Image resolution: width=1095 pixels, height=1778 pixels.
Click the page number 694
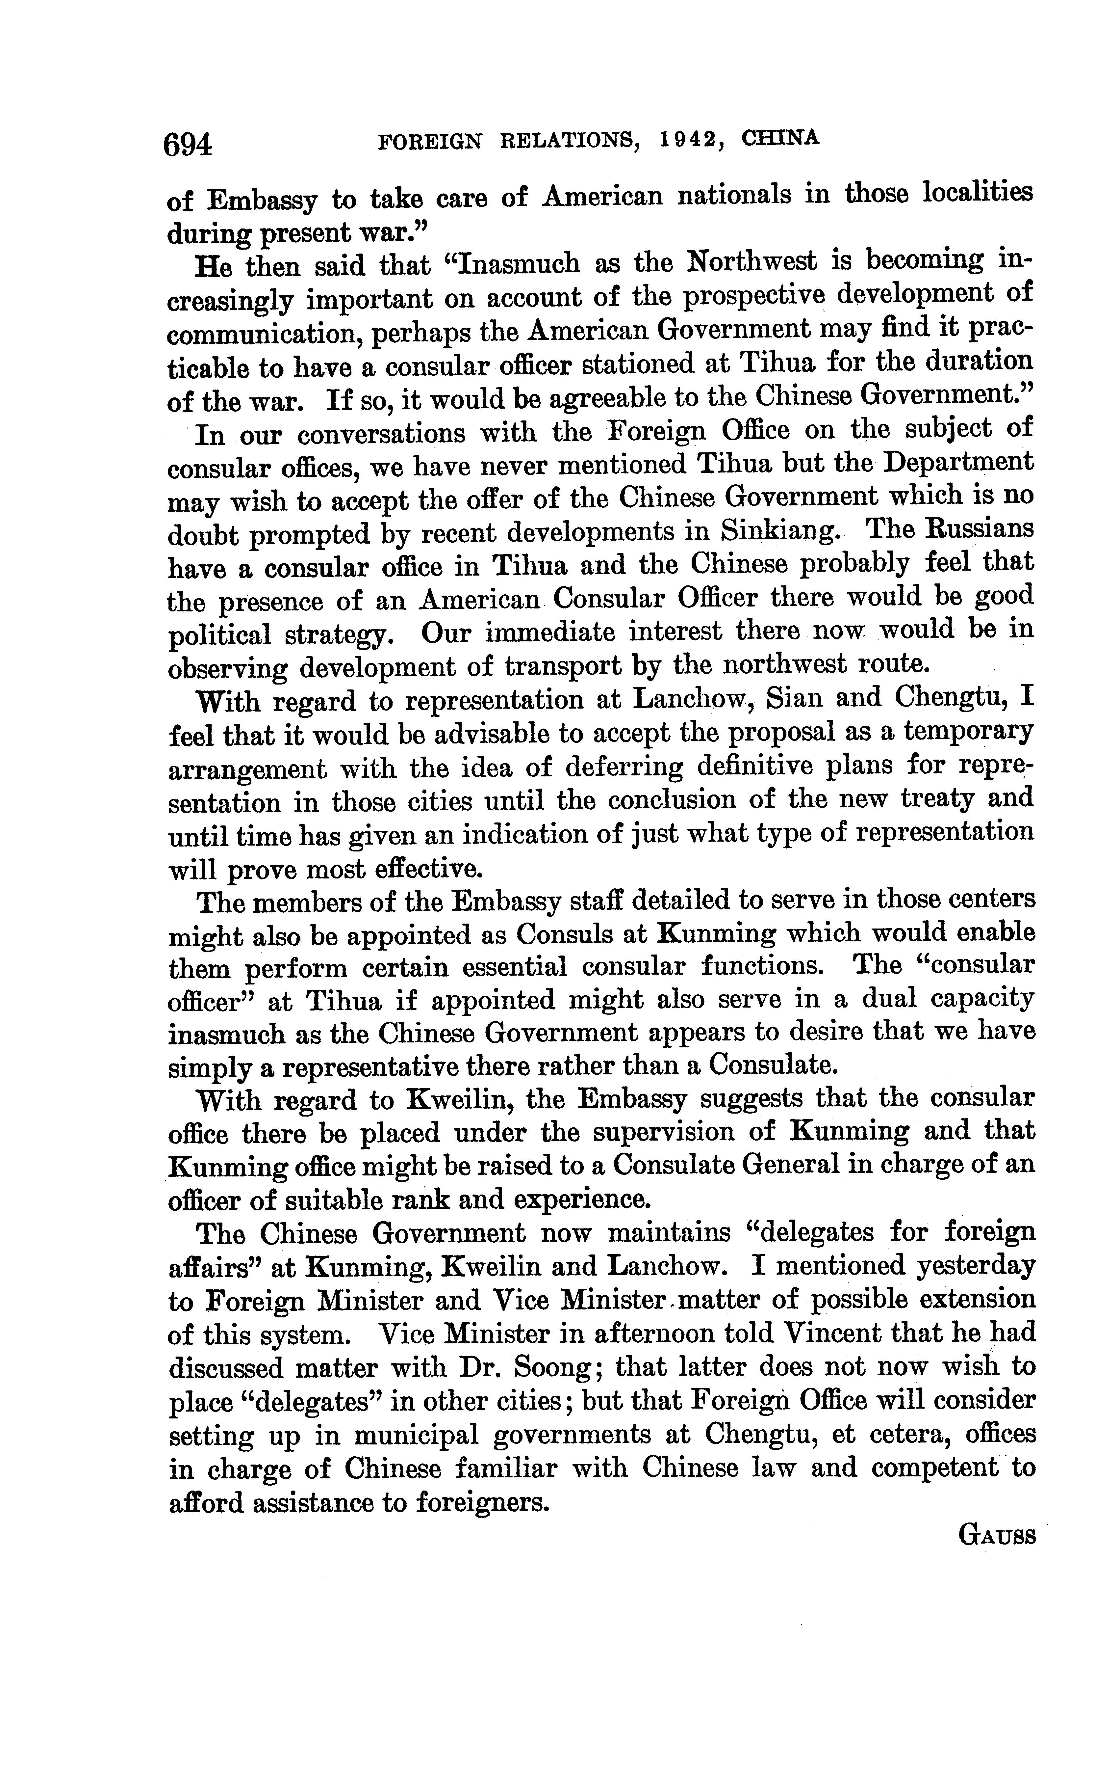click(188, 144)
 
